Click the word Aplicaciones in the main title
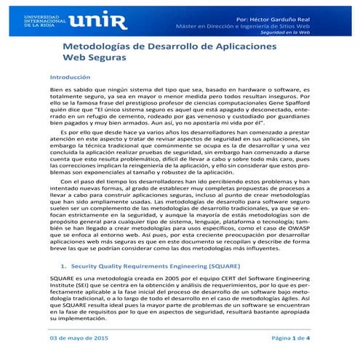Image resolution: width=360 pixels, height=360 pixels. click(x=262, y=47)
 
